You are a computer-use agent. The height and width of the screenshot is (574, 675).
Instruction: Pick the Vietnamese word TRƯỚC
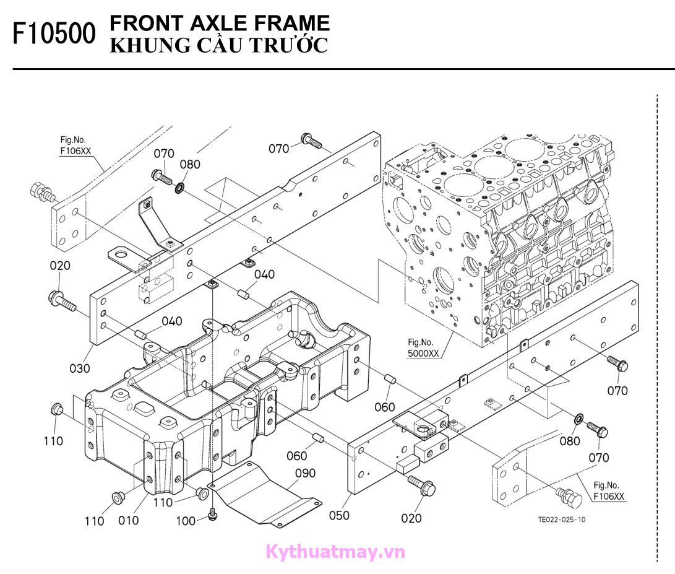(290, 45)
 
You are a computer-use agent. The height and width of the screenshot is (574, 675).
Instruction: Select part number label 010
(129, 521)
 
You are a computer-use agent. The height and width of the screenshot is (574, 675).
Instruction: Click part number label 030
(79, 368)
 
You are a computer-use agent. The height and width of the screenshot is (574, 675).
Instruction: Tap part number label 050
(339, 515)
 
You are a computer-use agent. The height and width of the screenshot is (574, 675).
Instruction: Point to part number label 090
(305, 473)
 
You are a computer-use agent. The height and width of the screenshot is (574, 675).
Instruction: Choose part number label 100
(186, 521)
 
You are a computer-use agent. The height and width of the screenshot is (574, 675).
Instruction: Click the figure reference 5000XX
(423, 354)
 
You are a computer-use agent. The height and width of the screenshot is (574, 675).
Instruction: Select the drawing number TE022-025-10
(561, 520)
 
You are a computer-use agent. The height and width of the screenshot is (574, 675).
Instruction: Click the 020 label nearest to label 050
(411, 518)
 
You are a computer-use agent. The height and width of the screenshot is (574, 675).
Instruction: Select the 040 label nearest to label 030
(171, 321)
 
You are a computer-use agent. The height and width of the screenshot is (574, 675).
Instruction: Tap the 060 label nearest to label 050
(297, 456)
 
